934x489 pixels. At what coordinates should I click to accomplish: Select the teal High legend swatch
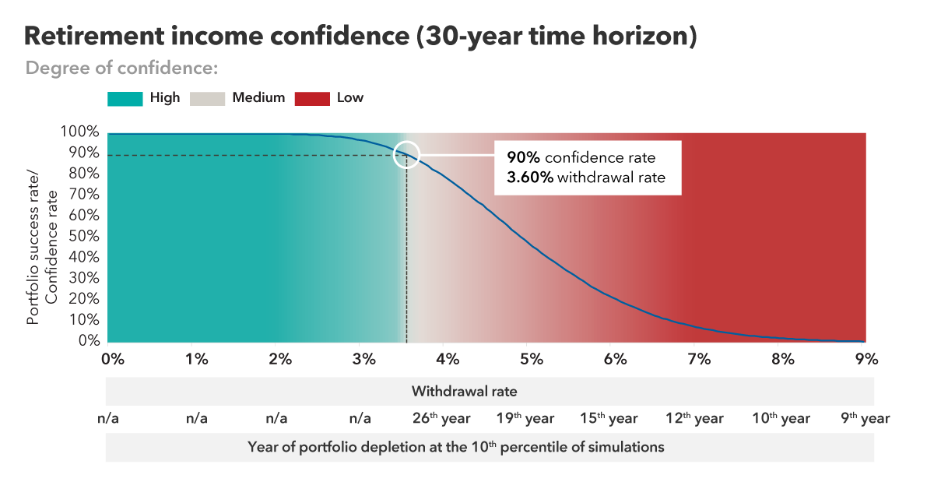(x=125, y=98)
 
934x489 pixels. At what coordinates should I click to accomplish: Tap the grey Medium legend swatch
(x=207, y=98)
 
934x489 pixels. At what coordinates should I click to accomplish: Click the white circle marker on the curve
(x=406, y=155)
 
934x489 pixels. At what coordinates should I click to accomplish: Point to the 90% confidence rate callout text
(x=581, y=157)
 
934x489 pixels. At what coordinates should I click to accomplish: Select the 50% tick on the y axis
(x=84, y=237)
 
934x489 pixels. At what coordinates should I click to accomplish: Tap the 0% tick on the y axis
(x=89, y=341)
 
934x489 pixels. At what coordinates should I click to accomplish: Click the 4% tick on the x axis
(x=447, y=359)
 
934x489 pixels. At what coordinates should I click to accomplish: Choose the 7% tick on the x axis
(x=699, y=359)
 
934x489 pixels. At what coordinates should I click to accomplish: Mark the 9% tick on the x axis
(x=866, y=359)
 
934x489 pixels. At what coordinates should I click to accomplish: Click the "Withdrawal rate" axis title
(x=465, y=391)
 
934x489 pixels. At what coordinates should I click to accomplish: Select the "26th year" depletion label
(x=440, y=419)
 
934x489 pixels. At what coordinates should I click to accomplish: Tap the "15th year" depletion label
(x=609, y=419)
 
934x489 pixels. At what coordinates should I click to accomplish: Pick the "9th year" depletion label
(x=865, y=419)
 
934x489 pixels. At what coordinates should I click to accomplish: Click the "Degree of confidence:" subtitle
(x=121, y=68)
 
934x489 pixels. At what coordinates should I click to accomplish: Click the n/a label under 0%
(x=108, y=419)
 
